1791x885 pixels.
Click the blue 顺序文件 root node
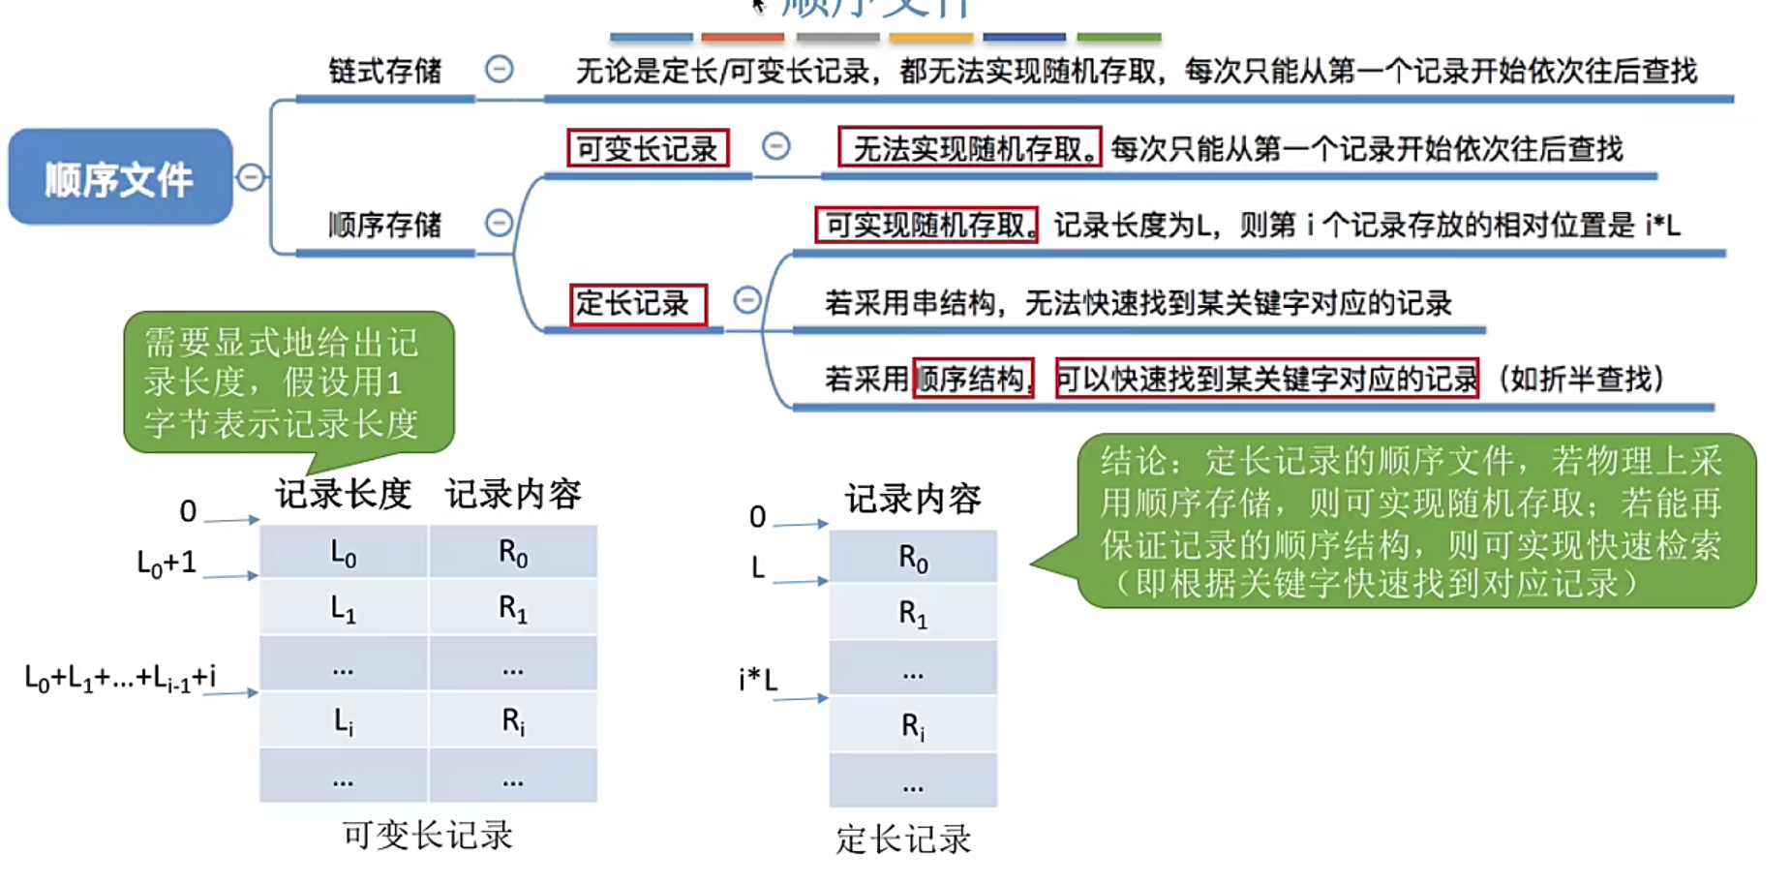pos(120,178)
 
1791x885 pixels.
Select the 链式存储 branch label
pos(384,71)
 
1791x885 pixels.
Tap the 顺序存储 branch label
pos(384,225)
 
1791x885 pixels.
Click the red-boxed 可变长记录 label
pos(647,148)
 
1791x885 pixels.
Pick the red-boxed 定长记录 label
pos(637,304)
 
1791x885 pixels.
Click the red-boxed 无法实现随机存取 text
pos(969,148)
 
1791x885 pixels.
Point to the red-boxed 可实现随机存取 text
pos(926,225)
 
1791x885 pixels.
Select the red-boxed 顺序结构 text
pos(972,379)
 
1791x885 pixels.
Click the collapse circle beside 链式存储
pos(500,70)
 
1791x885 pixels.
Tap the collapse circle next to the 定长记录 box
pos(746,300)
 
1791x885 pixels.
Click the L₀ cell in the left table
pos(344,553)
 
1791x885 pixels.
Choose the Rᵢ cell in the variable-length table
pos(513,720)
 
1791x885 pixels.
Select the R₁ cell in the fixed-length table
pos(913,612)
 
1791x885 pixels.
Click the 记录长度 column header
pos(344,495)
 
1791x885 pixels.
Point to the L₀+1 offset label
pos(167,563)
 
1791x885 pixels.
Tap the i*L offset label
pos(758,680)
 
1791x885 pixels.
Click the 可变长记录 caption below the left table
pos(427,835)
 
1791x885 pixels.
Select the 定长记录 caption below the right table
pos(903,839)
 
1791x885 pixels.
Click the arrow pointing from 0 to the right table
pos(801,524)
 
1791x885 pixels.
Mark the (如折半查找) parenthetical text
pos(1581,379)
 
